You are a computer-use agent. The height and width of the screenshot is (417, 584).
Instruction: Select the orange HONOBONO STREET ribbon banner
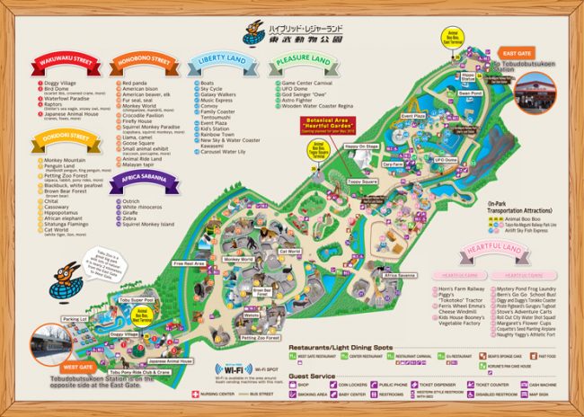pyautogui.click(x=145, y=64)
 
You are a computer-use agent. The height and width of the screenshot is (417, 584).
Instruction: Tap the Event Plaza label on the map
pyautogui.click(x=412, y=116)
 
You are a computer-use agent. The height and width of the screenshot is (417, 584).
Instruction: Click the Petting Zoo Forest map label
pyautogui.click(x=260, y=337)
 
